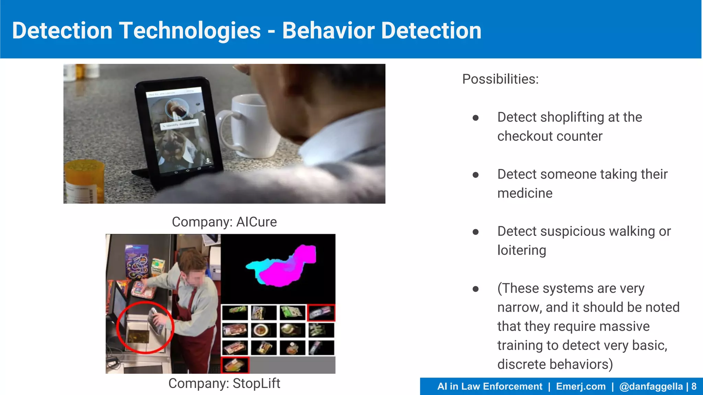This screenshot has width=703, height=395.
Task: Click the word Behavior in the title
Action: coord(328,31)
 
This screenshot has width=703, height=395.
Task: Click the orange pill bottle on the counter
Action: coord(84,182)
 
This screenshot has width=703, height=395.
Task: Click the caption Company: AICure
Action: coord(224,222)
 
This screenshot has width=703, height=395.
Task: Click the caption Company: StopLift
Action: coord(224,383)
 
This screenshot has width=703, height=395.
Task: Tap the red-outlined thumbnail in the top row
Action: coord(321,312)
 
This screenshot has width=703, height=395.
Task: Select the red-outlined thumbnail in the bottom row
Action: coord(235,365)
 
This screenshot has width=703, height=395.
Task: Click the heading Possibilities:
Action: coord(500,79)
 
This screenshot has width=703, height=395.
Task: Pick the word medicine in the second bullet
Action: coord(525,193)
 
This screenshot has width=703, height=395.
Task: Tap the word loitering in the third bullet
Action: coord(521,250)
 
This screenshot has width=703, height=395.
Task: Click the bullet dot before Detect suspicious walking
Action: coord(475,232)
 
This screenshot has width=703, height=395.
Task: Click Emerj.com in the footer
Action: coord(581,386)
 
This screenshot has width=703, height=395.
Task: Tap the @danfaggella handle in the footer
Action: coord(651,386)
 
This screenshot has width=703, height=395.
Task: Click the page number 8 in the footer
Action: coord(694,386)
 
